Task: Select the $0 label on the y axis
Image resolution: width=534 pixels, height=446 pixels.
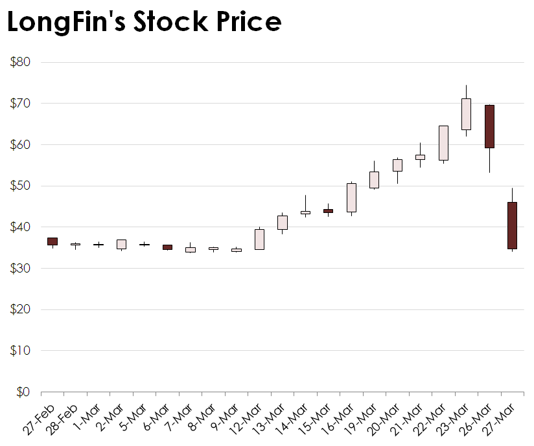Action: point(23,392)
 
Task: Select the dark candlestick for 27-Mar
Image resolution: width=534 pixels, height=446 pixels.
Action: point(512,225)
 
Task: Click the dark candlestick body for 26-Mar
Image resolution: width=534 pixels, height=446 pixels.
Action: point(489,126)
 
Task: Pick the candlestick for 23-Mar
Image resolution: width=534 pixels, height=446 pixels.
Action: point(466,114)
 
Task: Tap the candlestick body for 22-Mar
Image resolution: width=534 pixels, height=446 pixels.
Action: point(443,142)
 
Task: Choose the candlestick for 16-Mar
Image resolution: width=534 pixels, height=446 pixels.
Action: point(351,197)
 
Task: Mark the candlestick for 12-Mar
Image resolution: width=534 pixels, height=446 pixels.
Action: point(259,239)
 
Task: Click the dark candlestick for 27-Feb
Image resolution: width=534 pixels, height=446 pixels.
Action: point(52,241)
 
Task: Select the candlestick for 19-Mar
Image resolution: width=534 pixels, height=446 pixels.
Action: point(374,180)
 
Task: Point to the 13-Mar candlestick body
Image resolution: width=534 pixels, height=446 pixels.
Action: point(283,222)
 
